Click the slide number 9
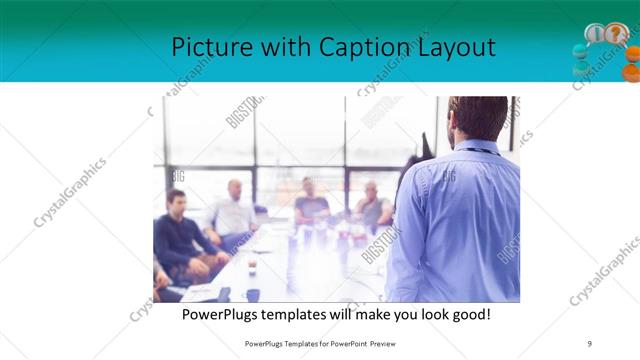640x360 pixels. click(x=589, y=343)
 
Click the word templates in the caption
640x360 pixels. click(x=306, y=314)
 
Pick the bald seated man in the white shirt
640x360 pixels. click(x=233, y=212)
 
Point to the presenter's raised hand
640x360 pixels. click(x=426, y=146)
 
